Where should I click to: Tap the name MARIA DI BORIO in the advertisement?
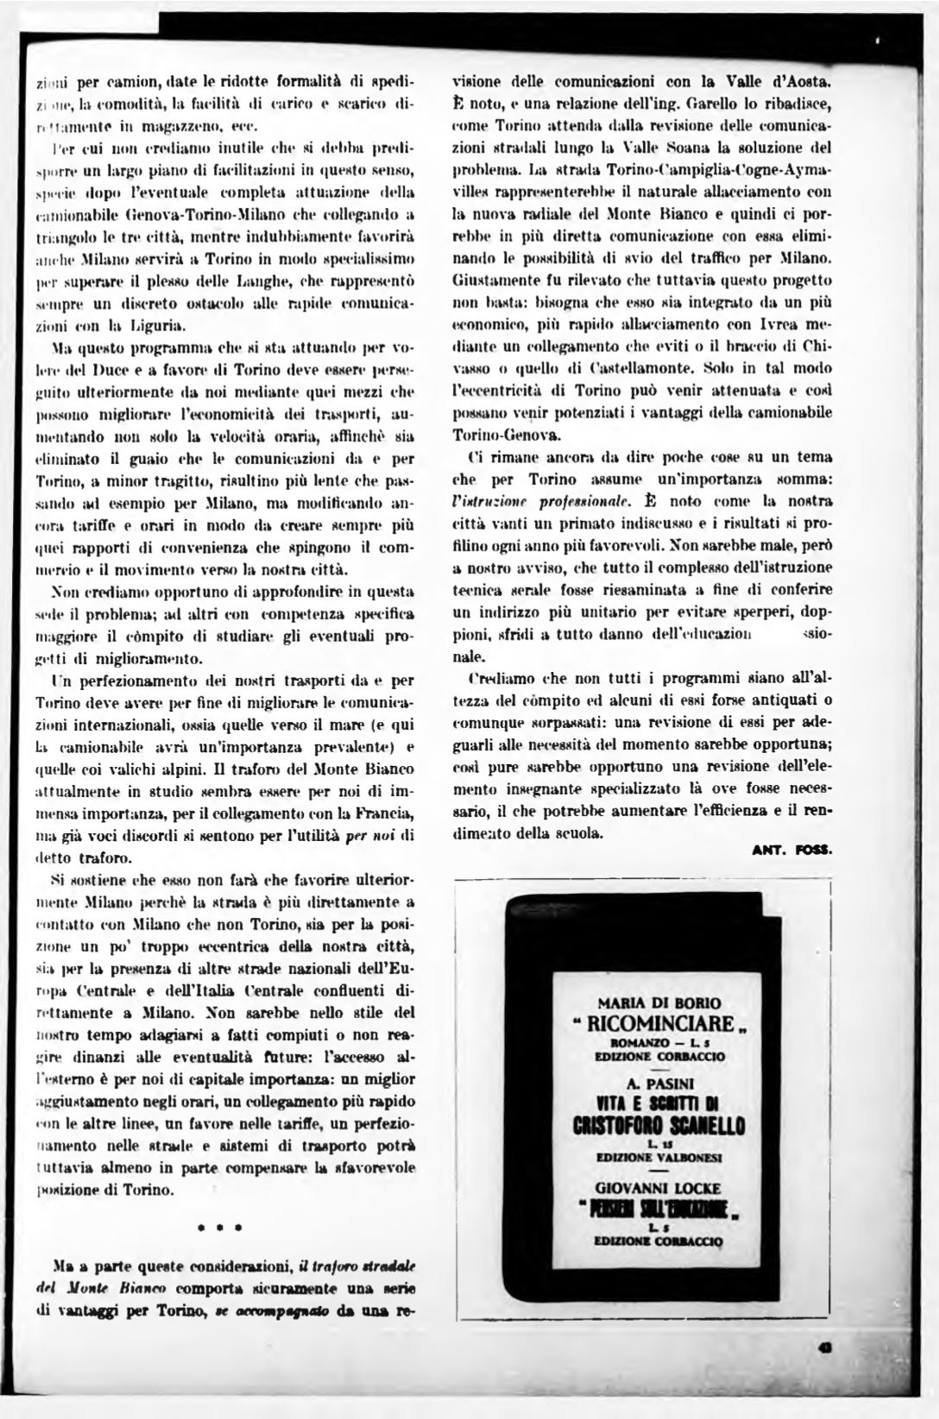click(x=659, y=1003)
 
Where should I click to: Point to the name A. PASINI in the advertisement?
click(x=659, y=1083)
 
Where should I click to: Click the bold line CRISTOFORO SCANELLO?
click(x=659, y=1127)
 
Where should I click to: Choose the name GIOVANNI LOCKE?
click(x=659, y=1186)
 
